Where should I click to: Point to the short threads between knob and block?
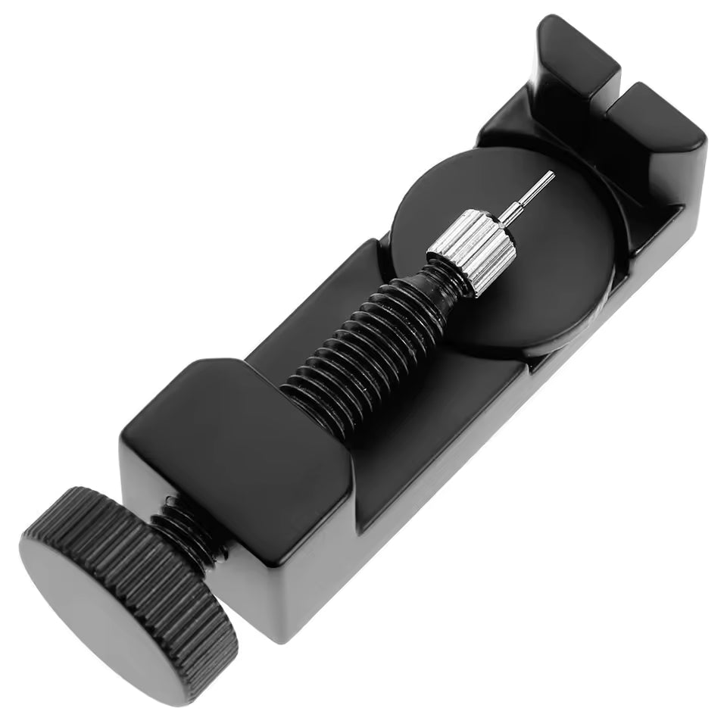point(186,530)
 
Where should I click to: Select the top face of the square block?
point(227,424)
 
